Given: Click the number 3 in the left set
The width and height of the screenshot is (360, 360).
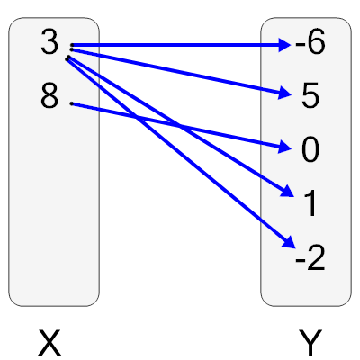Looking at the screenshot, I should (x=50, y=43).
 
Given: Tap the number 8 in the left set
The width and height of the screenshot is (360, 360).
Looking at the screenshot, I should (x=50, y=96).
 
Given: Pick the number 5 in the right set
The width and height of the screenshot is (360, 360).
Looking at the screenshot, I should (x=310, y=96).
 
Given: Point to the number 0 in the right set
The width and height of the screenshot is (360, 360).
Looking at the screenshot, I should (x=310, y=150).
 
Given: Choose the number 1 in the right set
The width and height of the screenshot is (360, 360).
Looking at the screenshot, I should (x=310, y=204).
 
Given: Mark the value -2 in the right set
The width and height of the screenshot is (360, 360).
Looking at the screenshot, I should (x=309, y=259).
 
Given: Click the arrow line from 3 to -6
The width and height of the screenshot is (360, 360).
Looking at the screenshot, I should (x=180, y=43).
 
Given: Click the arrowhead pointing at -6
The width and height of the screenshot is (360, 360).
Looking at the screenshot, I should (x=283, y=43).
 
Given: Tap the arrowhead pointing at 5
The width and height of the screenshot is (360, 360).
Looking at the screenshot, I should (x=283, y=93).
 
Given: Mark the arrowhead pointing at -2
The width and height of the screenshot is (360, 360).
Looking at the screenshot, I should (x=287, y=242).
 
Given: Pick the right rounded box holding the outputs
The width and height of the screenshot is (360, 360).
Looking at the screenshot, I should (x=306, y=288).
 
